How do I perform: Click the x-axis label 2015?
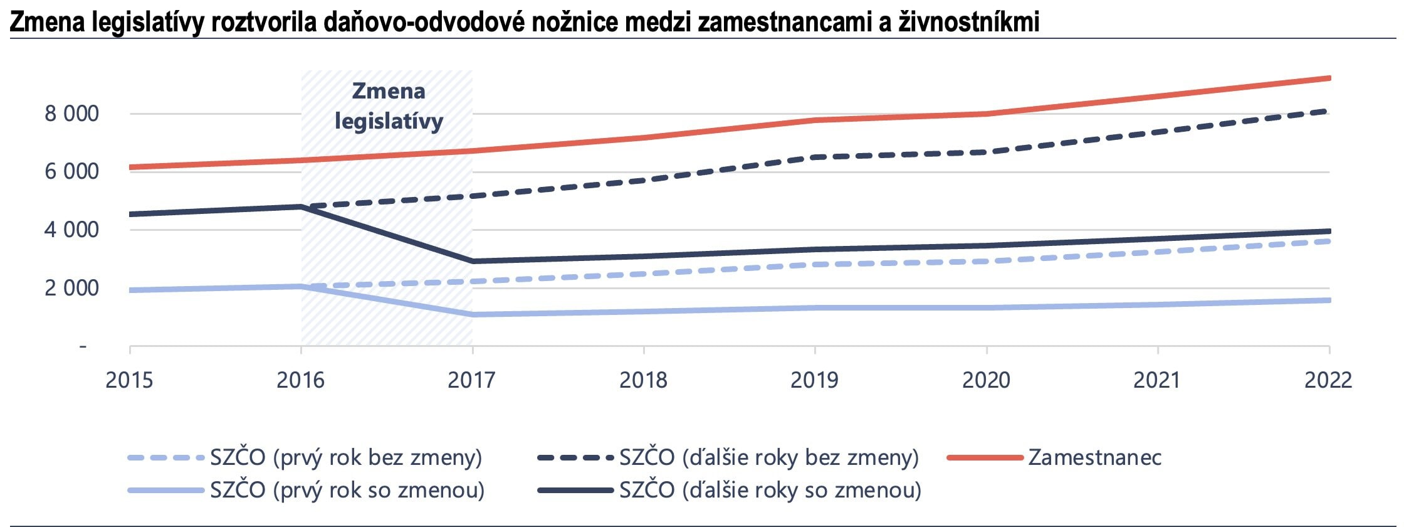[129, 380]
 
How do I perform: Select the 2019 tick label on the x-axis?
[814, 380]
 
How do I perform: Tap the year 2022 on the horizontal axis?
[1328, 380]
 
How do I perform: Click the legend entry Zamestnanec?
[1094, 457]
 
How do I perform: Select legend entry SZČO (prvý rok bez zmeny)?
[346, 457]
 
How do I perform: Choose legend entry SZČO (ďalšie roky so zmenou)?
[770, 489]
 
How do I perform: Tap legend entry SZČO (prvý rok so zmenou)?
[347, 489]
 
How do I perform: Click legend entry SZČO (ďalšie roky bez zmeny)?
[769, 457]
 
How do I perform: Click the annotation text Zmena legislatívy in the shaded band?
[389, 106]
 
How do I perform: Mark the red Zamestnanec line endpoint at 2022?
[1329, 78]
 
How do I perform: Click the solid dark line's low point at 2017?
[473, 261]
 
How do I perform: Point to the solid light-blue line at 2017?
[473, 314]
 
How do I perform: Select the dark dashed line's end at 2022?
[1329, 112]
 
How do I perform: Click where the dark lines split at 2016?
[301, 206]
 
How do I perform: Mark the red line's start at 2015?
[130, 167]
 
